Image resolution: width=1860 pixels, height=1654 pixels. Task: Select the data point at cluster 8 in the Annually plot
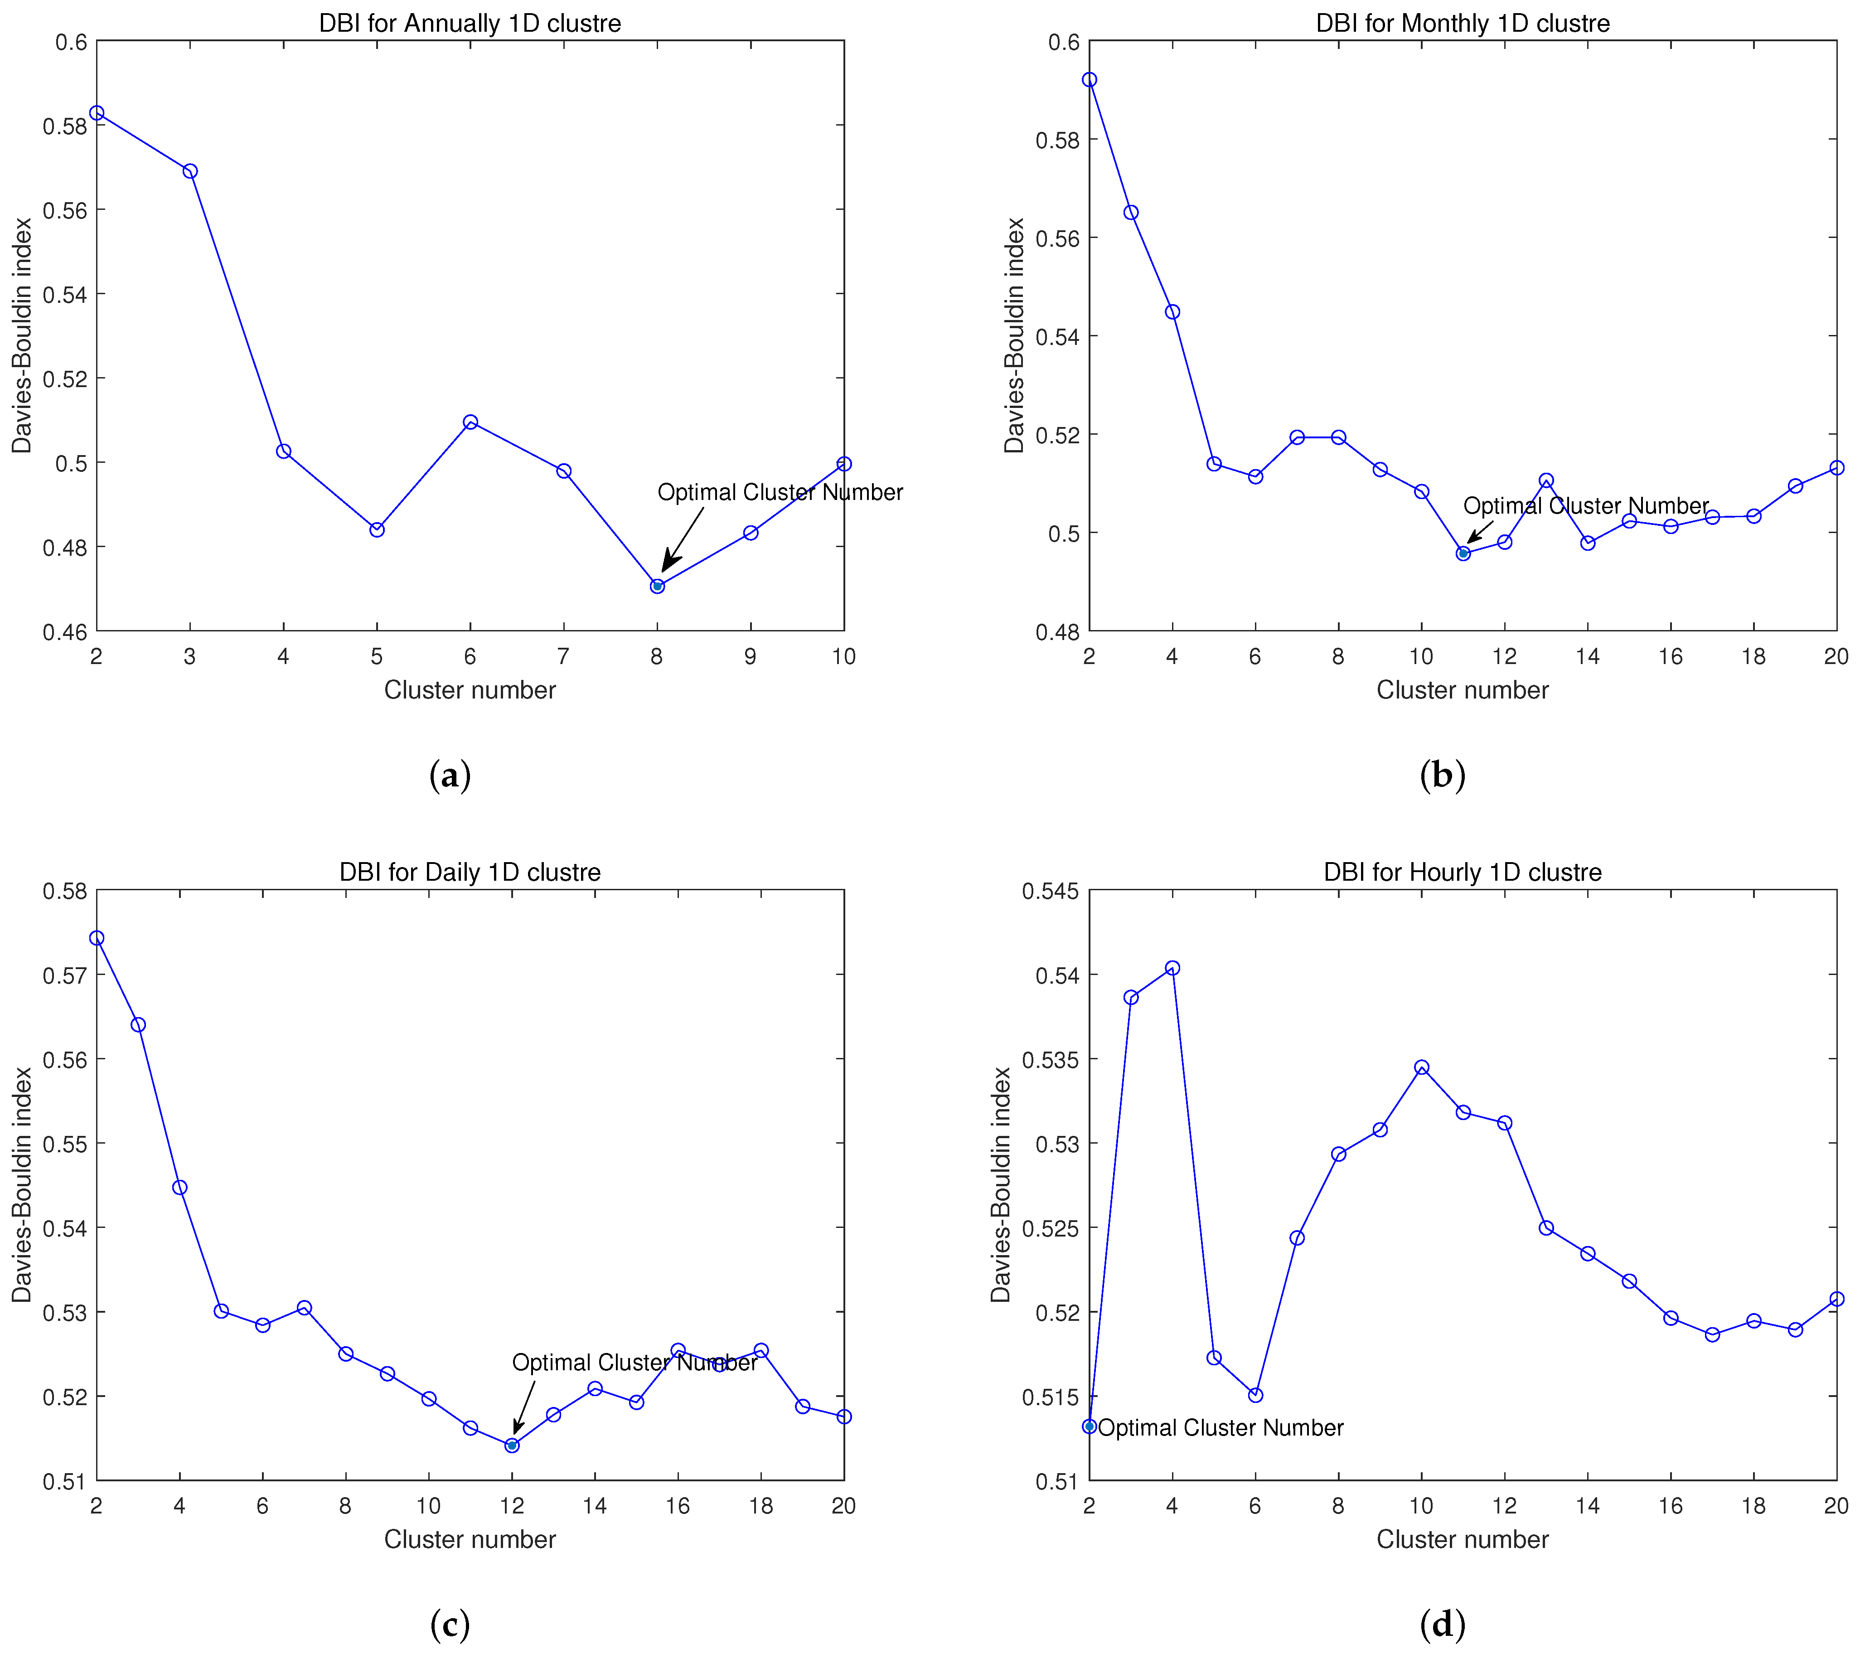[x=657, y=586]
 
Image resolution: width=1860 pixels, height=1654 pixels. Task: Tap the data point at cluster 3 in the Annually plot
[x=190, y=171]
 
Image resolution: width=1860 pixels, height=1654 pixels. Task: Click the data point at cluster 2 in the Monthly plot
[x=1089, y=80]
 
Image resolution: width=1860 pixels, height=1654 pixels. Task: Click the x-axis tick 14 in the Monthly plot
[x=1588, y=656]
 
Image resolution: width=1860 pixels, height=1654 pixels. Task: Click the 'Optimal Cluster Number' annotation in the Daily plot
[x=634, y=1363]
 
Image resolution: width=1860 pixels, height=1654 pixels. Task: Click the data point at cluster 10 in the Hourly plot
[x=1421, y=1067]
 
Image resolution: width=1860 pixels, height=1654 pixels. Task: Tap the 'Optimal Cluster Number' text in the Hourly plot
[x=1220, y=1427]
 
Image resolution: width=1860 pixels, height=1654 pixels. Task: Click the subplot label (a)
[x=450, y=775]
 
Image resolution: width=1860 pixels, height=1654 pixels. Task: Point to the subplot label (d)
[x=1442, y=1623]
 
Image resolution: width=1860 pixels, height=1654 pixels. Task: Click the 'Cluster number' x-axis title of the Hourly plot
[x=1463, y=1539]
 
